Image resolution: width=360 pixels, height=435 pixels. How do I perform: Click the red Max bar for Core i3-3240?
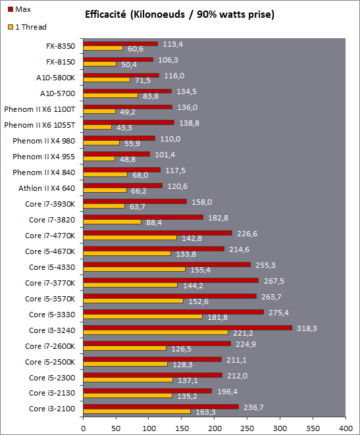click(188, 328)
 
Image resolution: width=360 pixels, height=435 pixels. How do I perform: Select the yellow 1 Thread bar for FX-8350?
click(103, 48)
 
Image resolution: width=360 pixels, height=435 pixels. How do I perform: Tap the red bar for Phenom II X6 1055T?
click(129, 122)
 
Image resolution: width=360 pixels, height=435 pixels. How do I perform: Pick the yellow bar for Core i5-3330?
click(143, 317)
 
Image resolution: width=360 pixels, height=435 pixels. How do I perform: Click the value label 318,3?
click(307, 328)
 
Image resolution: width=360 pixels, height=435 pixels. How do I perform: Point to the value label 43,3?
click(124, 128)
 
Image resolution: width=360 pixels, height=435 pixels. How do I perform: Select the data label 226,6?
click(247, 234)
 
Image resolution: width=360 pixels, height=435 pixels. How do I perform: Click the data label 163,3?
click(205, 412)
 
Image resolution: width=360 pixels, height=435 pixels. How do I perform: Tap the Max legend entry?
click(19, 9)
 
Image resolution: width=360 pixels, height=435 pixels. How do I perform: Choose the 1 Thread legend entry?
click(27, 27)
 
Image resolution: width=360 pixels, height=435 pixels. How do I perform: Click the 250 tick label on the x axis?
click(247, 428)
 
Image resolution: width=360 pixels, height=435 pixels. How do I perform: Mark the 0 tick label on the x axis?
click(83, 428)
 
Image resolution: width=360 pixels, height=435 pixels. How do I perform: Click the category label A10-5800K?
click(55, 78)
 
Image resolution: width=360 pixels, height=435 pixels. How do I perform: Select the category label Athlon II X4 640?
click(47, 188)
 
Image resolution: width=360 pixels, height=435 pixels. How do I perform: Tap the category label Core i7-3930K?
click(50, 204)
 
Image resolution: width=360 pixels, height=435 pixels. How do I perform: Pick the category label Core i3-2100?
click(52, 409)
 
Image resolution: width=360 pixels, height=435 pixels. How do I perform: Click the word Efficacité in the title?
click(105, 14)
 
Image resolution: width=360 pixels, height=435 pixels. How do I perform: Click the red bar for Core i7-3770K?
click(171, 280)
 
